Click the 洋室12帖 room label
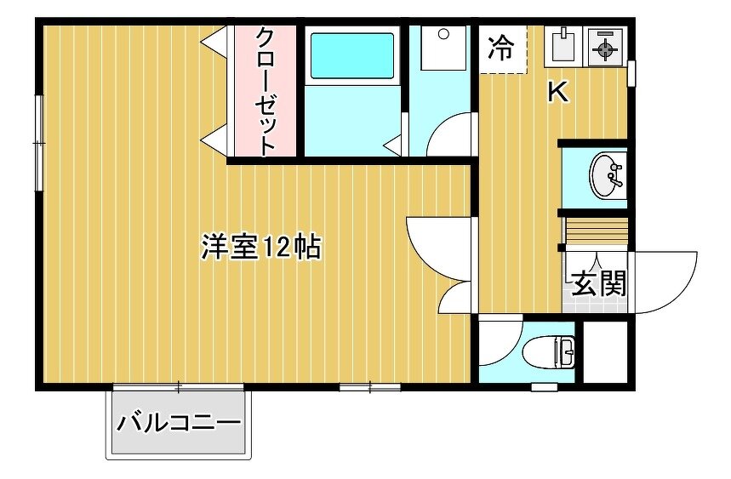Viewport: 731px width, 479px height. point(261,247)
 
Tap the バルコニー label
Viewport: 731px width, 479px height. point(179,423)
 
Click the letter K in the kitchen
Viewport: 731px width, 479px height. point(558,91)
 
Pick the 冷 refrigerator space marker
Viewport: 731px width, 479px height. point(501,48)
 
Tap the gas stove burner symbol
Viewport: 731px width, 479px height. point(606,47)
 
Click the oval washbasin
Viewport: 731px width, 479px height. point(606,176)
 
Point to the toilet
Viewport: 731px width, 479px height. point(549,351)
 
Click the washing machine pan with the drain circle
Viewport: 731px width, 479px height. point(443,48)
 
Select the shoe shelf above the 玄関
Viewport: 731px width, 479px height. point(596,231)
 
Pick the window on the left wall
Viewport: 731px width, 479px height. point(39,143)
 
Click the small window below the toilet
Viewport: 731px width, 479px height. point(545,387)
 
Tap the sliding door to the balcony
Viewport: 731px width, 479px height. point(179,386)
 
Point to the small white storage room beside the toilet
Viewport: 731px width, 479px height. point(605,351)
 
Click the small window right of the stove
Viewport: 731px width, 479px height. point(631,73)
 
